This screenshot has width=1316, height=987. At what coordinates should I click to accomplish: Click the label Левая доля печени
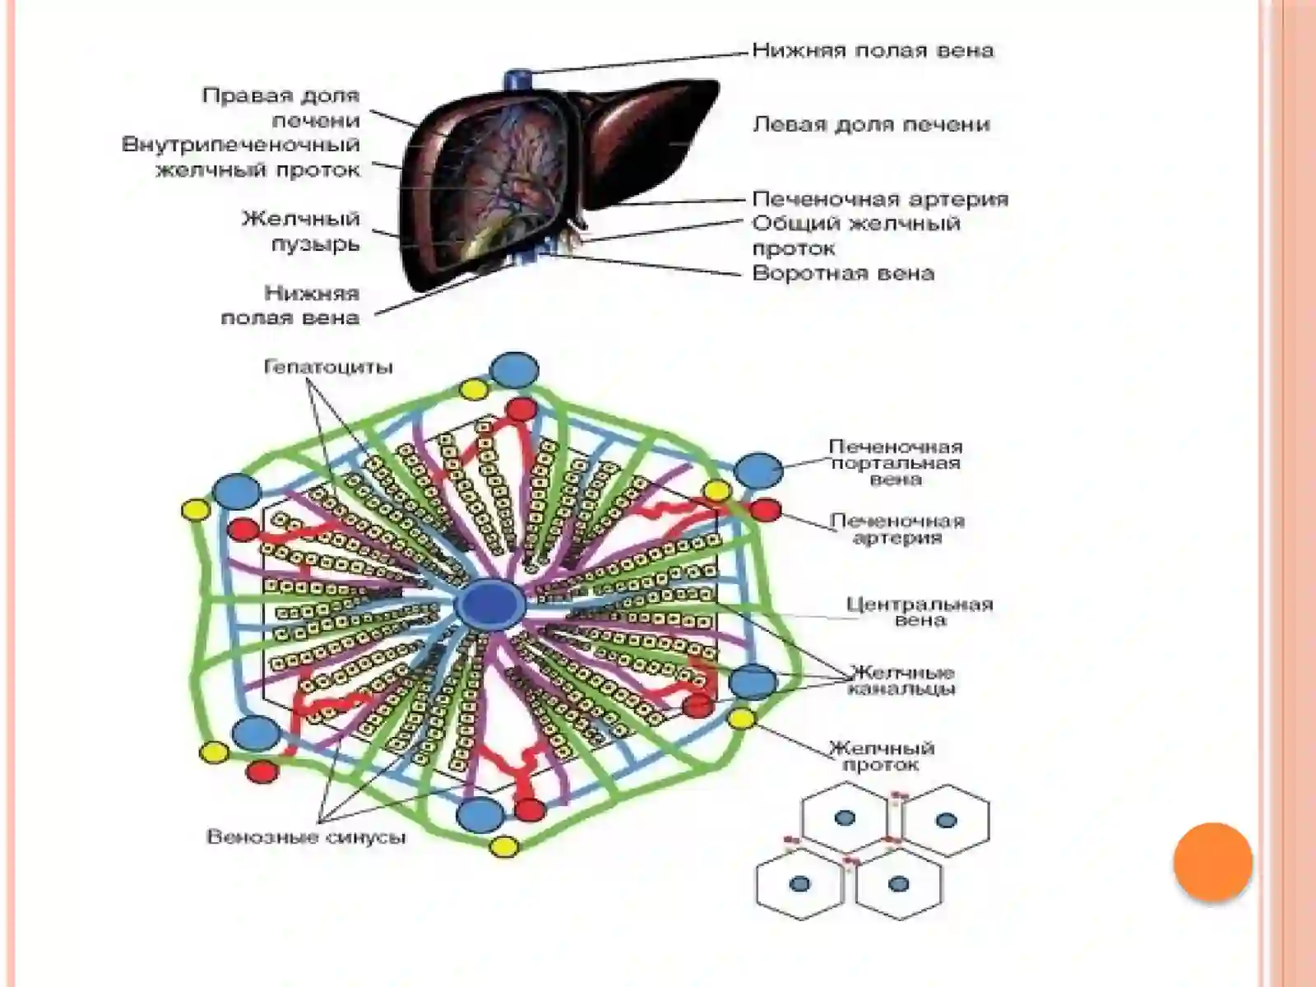(870, 125)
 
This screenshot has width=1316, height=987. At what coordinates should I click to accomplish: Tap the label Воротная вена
(843, 273)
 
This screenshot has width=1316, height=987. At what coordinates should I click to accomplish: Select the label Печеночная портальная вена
(896, 462)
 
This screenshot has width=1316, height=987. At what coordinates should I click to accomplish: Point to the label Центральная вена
(920, 611)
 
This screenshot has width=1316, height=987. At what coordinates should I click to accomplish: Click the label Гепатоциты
(328, 366)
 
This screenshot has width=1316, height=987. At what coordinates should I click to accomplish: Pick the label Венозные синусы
(306, 836)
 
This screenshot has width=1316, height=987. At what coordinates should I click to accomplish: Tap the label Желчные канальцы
(901, 680)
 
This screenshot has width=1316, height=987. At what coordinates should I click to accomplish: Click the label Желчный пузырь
(301, 231)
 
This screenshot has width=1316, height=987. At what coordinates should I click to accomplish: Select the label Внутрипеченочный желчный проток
(240, 157)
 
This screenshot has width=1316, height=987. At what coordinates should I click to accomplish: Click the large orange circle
(1213, 862)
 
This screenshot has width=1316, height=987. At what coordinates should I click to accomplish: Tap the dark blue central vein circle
(490, 604)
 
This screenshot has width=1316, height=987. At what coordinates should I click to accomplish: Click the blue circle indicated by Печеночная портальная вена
(758, 470)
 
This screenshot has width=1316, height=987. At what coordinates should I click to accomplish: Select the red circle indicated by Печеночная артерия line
(765, 510)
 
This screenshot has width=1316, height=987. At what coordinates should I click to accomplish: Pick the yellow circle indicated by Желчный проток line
(742, 718)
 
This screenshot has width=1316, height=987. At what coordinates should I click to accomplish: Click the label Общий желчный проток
(856, 235)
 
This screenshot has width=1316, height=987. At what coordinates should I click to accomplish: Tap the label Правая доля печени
(280, 108)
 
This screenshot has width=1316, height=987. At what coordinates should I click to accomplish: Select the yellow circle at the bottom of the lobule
(503, 847)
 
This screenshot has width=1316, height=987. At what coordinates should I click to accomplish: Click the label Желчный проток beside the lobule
(882, 756)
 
